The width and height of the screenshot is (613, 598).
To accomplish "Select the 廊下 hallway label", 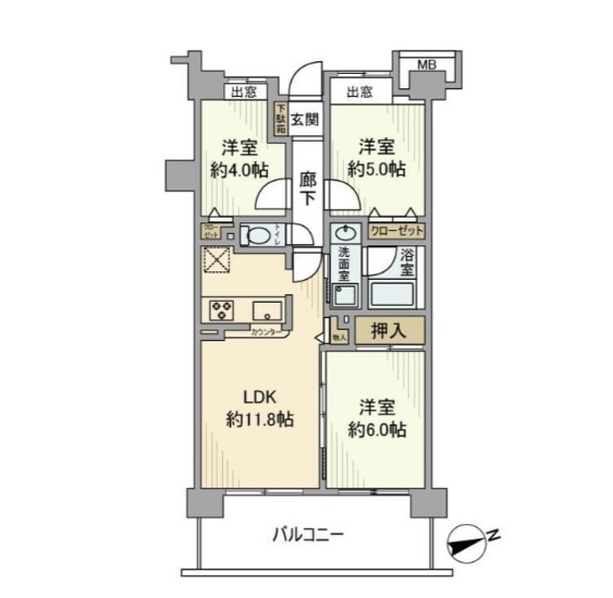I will point(307,188).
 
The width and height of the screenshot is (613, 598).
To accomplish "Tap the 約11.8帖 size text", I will point(260,419).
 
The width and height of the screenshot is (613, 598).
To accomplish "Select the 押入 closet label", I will point(388,332).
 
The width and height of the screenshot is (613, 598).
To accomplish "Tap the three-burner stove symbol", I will point(222,310).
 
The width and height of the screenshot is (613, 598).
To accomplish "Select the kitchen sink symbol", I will point(267,310).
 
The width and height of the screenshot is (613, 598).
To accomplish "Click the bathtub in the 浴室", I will point(396,295).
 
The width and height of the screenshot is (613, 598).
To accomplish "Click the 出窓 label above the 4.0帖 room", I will point(243,92).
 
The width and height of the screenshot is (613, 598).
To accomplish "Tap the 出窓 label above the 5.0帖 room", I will point(359,92).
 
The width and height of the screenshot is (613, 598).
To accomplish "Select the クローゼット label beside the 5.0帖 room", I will point(395,232).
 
